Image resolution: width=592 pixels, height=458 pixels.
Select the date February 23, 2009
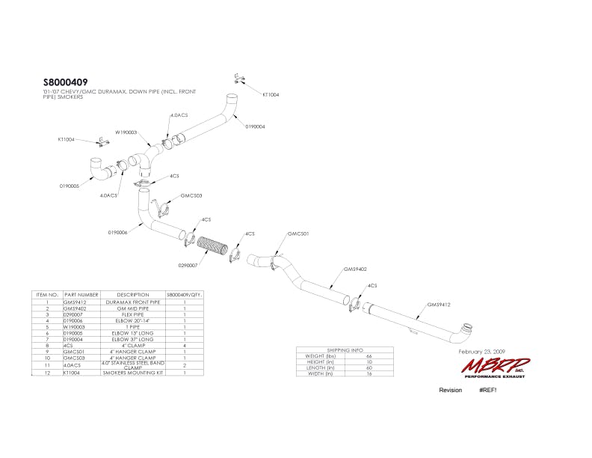(483, 350)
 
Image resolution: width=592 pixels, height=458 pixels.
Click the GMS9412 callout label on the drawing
(438, 305)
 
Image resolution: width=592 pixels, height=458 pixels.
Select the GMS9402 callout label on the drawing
(354, 269)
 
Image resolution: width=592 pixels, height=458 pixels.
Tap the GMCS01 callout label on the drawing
(298, 233)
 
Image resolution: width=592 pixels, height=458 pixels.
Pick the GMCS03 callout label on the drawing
(170, 195)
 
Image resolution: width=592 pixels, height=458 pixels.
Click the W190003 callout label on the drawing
(126, 132)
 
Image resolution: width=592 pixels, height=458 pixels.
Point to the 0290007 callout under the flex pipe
(188, 265)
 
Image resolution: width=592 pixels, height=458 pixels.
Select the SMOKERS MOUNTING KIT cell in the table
(133, 372)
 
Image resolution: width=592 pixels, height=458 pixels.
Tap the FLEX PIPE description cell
(133, 314)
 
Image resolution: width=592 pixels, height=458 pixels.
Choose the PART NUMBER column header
(81, 295)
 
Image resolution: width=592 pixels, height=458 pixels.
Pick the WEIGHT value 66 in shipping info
(368, 355)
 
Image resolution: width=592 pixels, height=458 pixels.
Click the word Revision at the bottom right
(451, 391)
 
